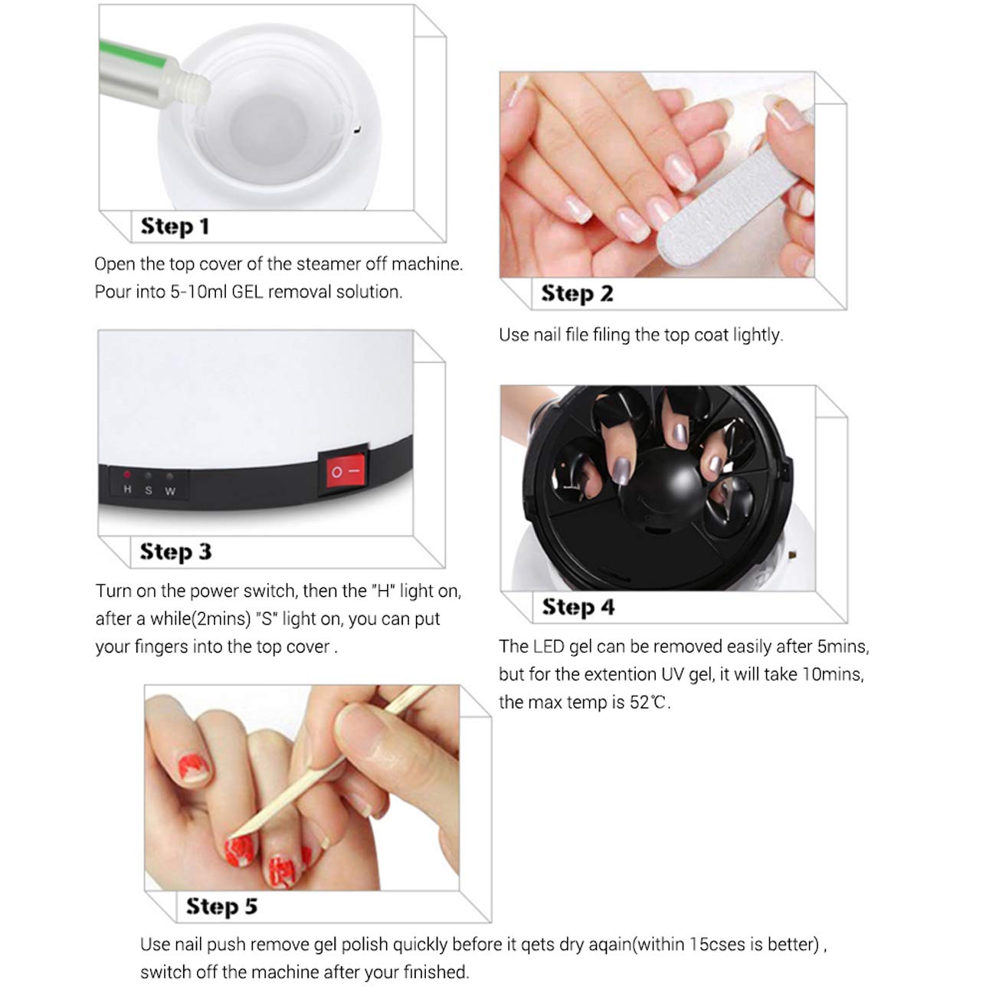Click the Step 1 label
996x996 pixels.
175,227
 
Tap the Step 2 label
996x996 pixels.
577,293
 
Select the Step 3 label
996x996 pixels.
175,552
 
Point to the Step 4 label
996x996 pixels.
578,607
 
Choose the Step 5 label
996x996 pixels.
221,906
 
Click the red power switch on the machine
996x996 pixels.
342,472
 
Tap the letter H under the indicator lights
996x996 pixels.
127,490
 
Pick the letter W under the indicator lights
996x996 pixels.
170,491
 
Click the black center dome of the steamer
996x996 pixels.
660,491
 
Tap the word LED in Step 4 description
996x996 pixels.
548,647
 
